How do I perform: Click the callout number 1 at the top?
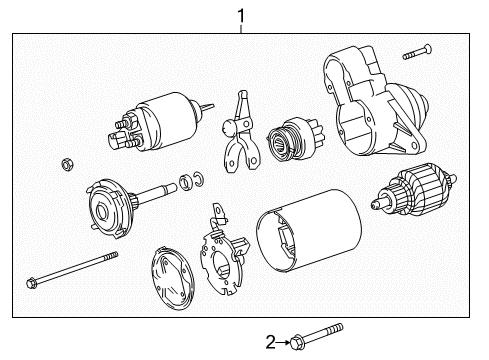pos(241,16)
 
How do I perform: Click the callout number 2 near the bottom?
pos(271,342)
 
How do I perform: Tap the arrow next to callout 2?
pos(283,342)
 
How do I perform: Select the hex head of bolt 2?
pos(296,343)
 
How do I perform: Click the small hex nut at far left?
pos(68,164)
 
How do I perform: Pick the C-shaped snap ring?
pos(199,179)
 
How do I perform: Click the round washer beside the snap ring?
pos(185,182)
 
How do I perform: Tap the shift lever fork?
pos(241,133)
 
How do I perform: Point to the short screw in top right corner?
pos(417,52)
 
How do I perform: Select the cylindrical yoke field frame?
pos(309,231)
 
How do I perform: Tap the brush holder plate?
pos(224,249)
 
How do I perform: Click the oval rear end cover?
pos(172,278)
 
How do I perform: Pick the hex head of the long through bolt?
pos(32,283)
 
